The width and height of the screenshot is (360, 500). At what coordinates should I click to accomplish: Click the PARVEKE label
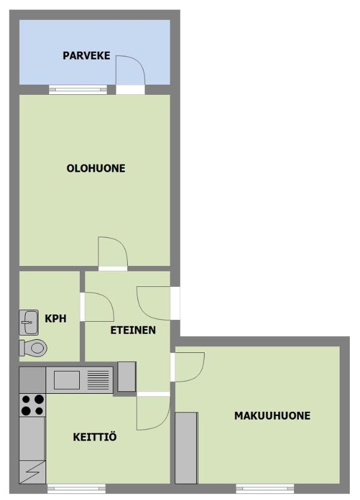pos(86,55)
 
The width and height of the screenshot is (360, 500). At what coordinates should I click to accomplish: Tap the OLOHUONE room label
pos(95,168)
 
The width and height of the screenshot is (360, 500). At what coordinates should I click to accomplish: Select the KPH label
pos(55,318)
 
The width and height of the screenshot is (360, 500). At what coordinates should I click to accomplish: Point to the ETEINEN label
pos(133,330)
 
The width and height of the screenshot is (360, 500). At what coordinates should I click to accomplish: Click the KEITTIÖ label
pos(95,436)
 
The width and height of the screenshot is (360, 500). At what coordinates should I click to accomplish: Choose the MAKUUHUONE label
pos(272,415)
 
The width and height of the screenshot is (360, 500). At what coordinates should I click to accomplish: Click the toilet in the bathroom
pos(33,348)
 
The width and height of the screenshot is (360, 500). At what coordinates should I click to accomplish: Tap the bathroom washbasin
pos(29,322)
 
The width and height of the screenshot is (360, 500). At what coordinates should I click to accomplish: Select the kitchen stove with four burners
pos(32,405)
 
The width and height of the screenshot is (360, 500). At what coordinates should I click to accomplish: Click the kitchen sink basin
pos(67,380)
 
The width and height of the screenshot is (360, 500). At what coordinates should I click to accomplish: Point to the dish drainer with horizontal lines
pos(98,380)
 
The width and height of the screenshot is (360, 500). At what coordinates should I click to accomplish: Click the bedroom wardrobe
pos(186,448)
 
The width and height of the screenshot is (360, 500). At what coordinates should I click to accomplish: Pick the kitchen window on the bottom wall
pos(77,488)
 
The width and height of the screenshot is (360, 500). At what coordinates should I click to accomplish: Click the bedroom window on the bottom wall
pos(265,488)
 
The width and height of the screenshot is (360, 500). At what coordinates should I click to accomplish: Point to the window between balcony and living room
pos(78,89)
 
